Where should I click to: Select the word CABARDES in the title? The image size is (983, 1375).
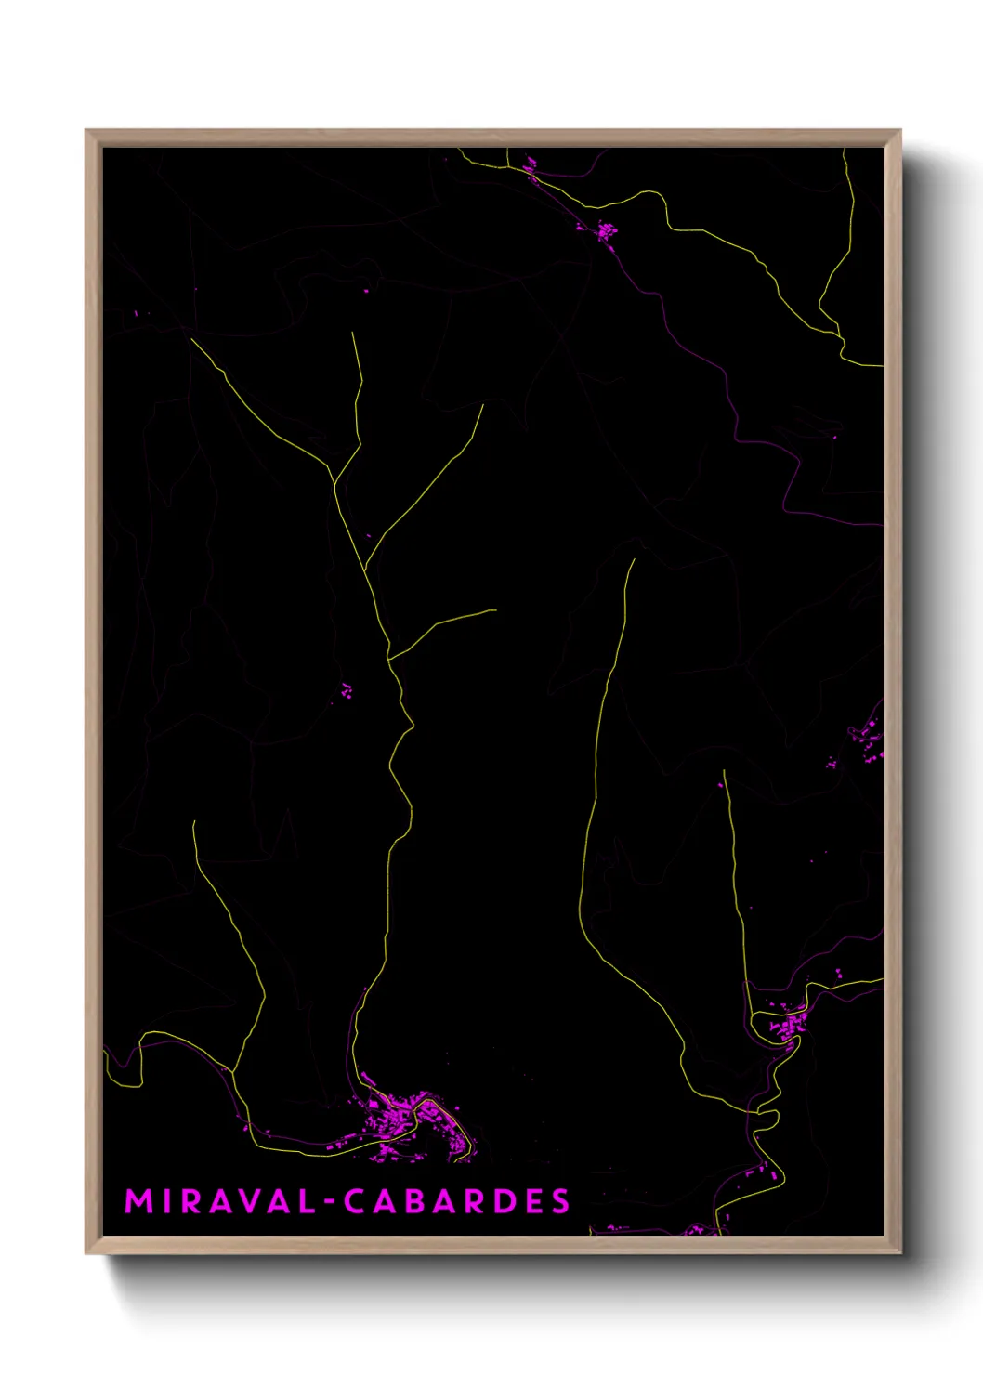point(456,1201)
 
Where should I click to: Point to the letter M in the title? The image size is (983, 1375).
point(138,1201)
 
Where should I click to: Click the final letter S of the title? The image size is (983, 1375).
point(560,1201)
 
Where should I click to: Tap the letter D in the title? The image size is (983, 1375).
point(504,1201)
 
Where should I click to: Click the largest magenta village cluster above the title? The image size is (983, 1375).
point(409,1119)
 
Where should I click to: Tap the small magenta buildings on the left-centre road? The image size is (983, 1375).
point(347,690)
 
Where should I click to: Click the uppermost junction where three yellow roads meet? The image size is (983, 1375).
point(334,482)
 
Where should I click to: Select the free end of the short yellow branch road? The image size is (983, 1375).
point(494,610)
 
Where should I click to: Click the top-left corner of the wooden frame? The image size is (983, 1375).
point(86,131)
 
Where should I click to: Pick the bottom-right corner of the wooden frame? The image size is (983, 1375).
point(900,1253)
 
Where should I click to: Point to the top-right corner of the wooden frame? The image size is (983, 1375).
point(900,131)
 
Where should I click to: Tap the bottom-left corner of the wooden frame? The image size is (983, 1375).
point(86,1253)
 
